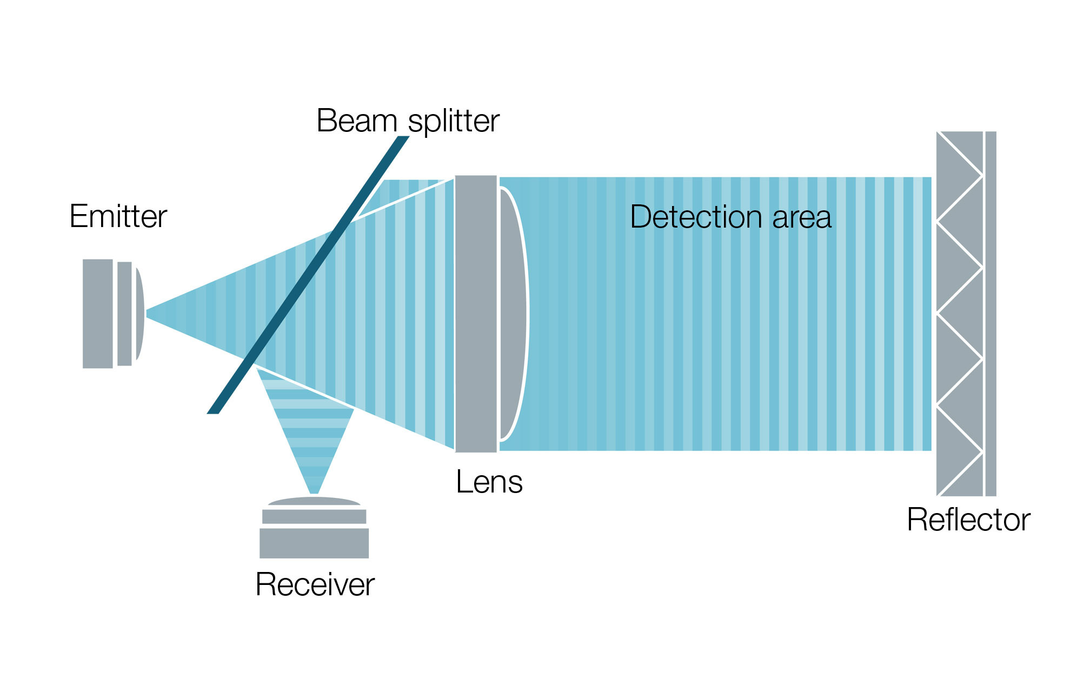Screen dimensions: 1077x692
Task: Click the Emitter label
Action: point(118,216)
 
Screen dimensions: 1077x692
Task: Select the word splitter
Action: point(454,122)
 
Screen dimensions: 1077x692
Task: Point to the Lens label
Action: point(489,482)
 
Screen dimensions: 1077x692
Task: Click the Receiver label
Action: point(315,584)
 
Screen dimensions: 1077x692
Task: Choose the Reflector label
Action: point(968,520)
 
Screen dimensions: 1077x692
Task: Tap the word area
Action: point(802,219)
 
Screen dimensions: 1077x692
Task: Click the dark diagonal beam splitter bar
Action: point(308,275)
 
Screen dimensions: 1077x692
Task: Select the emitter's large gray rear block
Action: point(98,314)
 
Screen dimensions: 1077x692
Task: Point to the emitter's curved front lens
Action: point(139,314)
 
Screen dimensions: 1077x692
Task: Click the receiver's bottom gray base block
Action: point(314,543)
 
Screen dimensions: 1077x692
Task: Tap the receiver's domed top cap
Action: point(314,501)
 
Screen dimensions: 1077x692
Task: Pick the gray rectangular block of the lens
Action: point(476,314)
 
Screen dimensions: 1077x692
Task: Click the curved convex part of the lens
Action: point(513,314)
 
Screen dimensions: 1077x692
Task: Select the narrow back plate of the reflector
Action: point(990,314)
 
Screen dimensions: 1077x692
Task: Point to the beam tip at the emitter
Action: point(147,314)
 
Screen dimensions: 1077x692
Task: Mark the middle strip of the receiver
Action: point(314,516)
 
